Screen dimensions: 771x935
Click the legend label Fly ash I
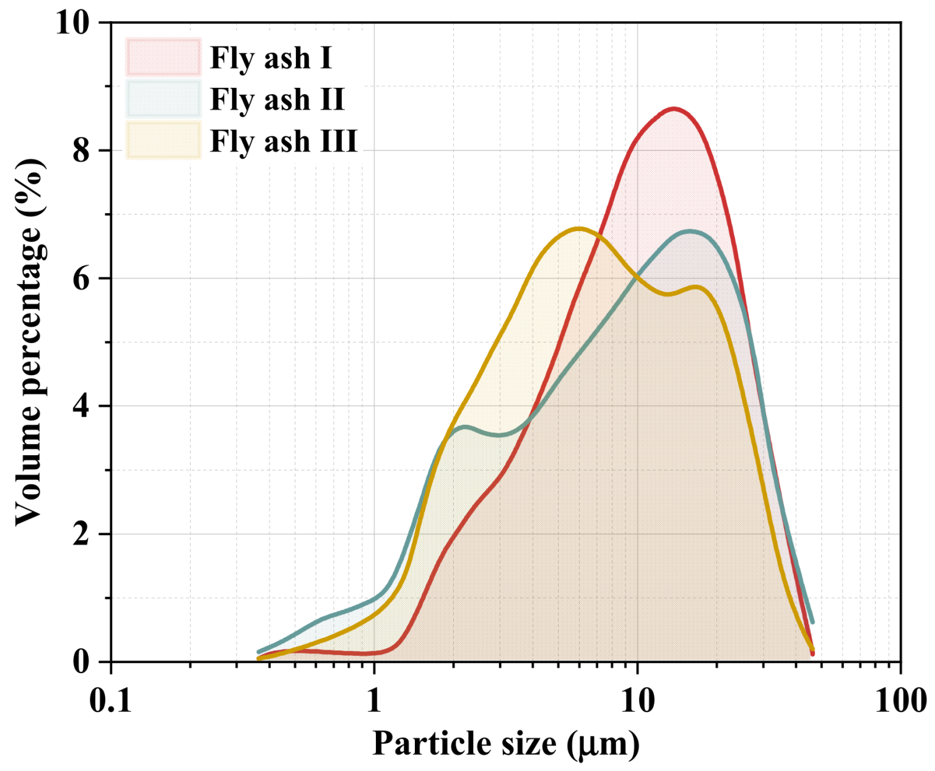271,58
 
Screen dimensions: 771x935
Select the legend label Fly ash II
277,99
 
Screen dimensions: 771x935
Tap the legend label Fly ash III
284,141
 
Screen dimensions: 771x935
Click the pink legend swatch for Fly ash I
163,57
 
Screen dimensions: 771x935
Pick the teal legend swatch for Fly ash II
163,98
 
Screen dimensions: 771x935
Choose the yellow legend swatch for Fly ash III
163,141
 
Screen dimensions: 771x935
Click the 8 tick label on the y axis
81,150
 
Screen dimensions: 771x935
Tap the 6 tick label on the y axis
81,279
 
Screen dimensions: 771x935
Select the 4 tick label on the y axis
81,406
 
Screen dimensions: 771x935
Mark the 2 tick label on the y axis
81,534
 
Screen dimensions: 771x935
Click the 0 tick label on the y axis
81,662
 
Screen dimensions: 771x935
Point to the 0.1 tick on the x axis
111,701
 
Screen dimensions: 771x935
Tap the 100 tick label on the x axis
900,701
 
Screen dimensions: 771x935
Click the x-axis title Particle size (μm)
505,743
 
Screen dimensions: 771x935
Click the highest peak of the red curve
674,109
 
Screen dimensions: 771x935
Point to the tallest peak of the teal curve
690,232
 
